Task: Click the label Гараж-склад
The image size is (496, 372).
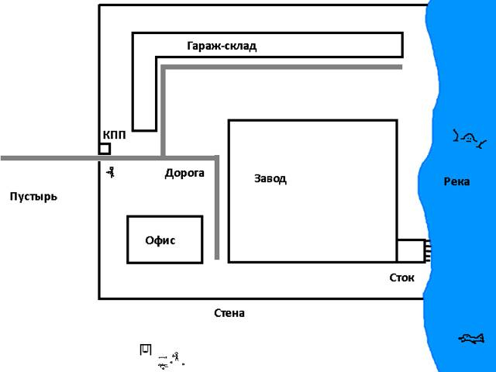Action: click(221, 46)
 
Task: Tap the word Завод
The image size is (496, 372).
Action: click(270, 179)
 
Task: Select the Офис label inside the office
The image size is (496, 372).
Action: click(160, 240)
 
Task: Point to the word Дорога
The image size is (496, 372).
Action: click(184, 174)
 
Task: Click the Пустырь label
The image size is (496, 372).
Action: click(33, 197)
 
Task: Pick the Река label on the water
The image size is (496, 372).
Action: click(456, 182)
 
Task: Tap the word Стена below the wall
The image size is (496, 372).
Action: click(229, 314)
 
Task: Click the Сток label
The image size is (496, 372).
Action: click(401, 277)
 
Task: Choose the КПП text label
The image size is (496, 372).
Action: click(114, 135)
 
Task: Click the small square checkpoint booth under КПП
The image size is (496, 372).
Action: click(105, 149)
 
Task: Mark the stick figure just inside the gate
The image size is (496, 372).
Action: click(112, 173)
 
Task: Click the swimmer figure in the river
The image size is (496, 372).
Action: click(468, 139)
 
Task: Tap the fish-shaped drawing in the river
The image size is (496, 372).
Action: click(471, 338)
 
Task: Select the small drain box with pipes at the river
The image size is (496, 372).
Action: click(411, 251)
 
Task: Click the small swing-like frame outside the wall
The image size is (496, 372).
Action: click(144, 350)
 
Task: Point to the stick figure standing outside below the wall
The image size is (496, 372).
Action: click(177, 357)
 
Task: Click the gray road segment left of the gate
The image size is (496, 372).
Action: click(46, 158)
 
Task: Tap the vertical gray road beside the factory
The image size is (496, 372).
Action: click(217, 209)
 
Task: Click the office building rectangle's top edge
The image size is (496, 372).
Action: click(164, 217)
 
